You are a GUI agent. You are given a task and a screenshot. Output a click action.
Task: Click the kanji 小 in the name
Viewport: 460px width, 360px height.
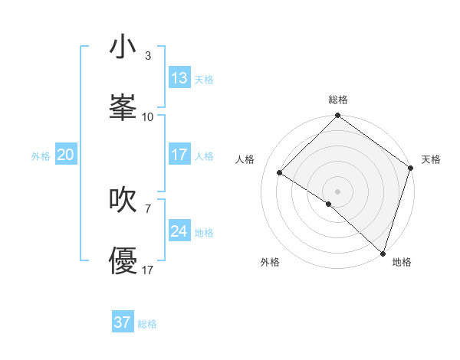123,47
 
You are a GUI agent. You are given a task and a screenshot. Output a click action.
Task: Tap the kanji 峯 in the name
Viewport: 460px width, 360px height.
123,108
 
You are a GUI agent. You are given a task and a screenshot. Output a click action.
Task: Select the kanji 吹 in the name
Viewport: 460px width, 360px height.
123,200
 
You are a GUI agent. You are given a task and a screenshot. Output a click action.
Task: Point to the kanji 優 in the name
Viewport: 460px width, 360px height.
123,261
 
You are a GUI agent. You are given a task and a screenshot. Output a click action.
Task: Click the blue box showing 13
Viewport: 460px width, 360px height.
179,77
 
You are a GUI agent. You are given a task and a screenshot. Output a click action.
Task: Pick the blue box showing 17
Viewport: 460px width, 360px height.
179,154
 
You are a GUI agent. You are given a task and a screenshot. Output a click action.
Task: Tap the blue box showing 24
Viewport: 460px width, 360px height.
179,231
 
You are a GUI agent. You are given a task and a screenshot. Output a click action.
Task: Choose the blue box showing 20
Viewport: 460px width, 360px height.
66,154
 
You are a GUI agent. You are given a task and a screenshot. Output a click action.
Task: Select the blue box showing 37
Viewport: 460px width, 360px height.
123,322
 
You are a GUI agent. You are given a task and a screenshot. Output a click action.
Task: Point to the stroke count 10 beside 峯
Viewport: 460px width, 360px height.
148,117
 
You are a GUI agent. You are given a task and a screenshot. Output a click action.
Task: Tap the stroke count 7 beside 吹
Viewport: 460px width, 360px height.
148,208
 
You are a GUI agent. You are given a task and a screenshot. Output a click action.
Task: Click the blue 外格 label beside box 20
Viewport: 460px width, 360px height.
41,155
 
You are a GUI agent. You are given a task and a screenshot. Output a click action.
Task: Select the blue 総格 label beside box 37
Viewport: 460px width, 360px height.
148,324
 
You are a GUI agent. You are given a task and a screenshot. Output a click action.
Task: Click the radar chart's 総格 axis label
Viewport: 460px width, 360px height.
338,100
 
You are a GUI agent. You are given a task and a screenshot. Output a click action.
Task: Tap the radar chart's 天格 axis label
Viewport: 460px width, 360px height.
431,159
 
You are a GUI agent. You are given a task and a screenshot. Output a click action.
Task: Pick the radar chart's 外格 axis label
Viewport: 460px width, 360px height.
270,262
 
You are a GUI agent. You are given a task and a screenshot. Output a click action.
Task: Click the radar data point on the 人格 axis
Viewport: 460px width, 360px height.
280,172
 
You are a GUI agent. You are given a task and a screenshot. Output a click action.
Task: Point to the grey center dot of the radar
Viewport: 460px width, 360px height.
337,190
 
